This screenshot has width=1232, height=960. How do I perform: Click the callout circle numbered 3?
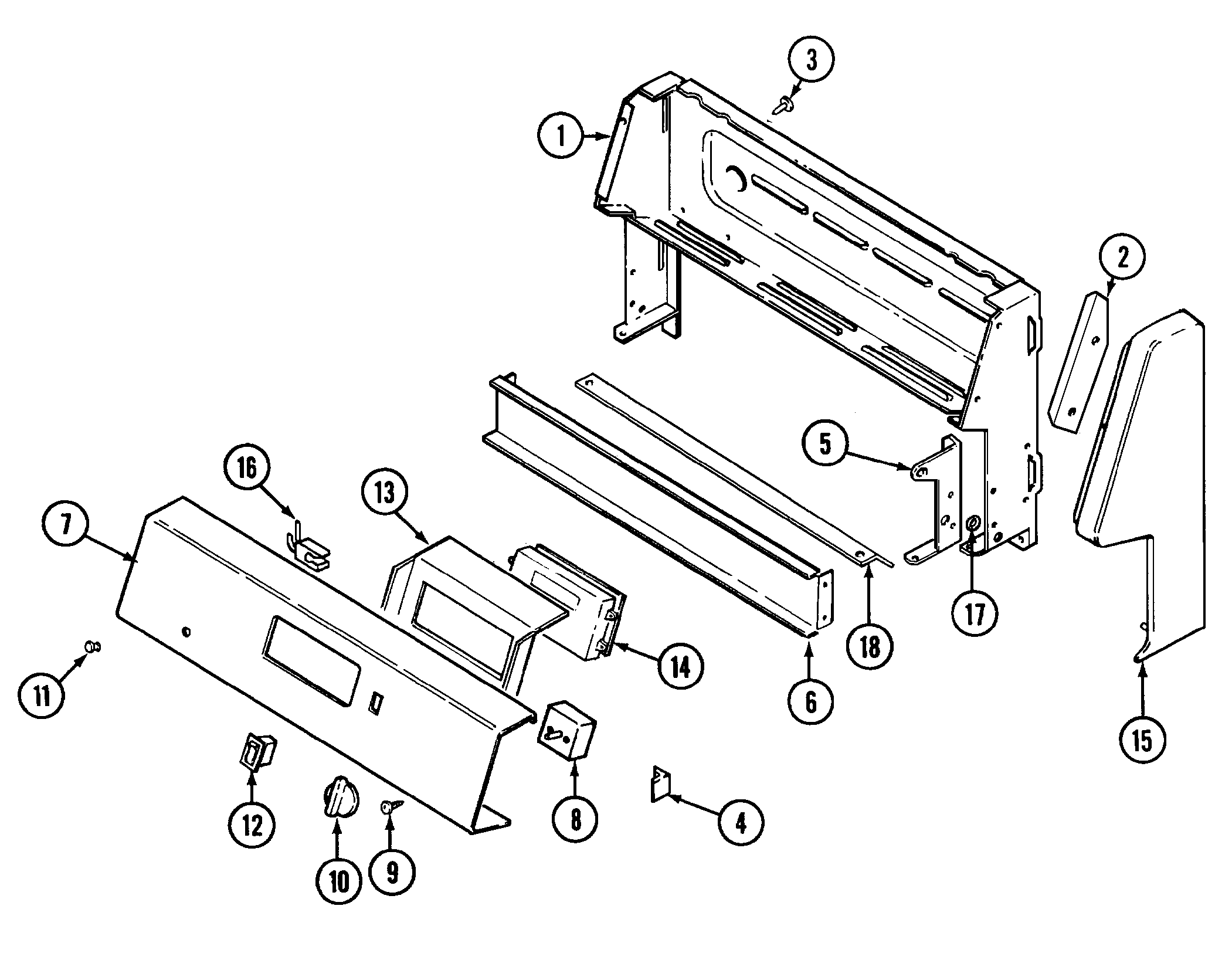click(811, 61)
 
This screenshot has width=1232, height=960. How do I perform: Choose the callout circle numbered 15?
click(1142, 741)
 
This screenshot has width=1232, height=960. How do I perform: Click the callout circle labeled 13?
click(385, 494)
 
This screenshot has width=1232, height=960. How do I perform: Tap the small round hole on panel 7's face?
click(186, 632)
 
